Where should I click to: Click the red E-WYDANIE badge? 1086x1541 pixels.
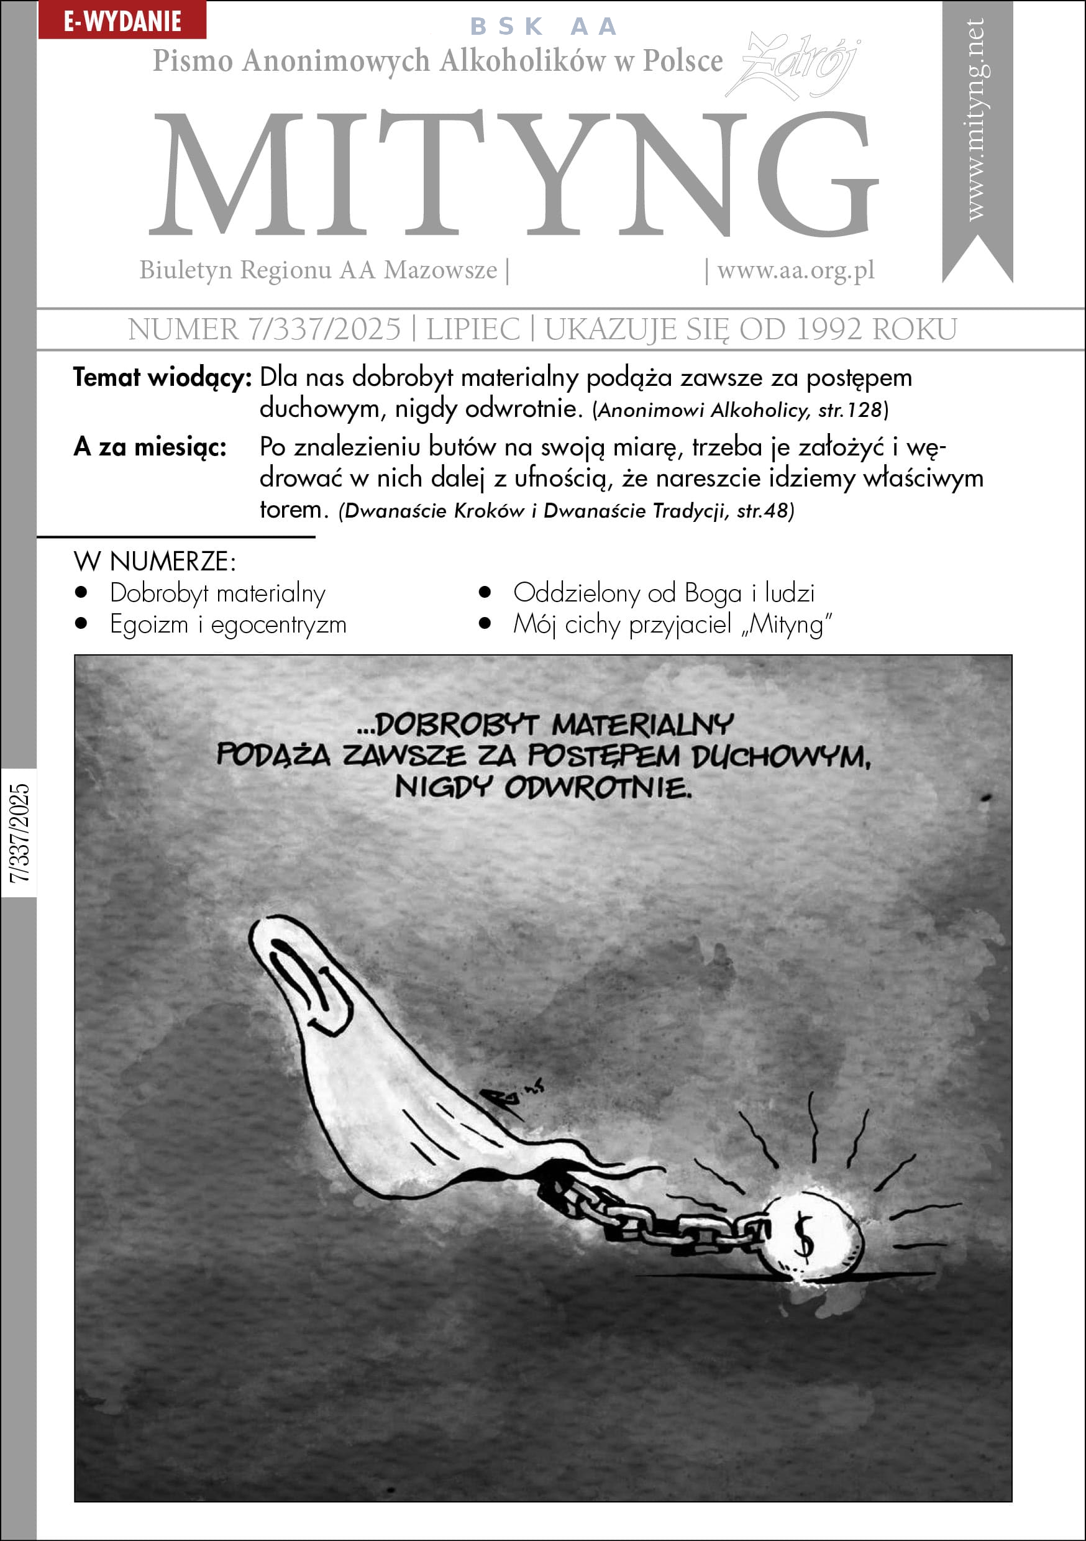(x=122, y=21)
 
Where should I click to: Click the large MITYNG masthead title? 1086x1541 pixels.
(x=513, y=175)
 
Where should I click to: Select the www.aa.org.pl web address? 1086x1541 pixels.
(x=795, y=270)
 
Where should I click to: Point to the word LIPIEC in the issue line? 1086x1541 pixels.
(x=473, y=329)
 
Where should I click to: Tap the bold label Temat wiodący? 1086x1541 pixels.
(x=162, y=378)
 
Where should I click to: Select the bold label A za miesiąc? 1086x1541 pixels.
(x=150, y=447)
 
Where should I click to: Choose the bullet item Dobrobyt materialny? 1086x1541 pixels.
(x=217, y=593)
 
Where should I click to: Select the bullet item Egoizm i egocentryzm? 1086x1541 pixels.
(x=228, y=625)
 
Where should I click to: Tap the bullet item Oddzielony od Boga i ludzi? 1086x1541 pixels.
(x=663, y=593)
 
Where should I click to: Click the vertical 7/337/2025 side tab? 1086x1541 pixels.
(x=19, y=832)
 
